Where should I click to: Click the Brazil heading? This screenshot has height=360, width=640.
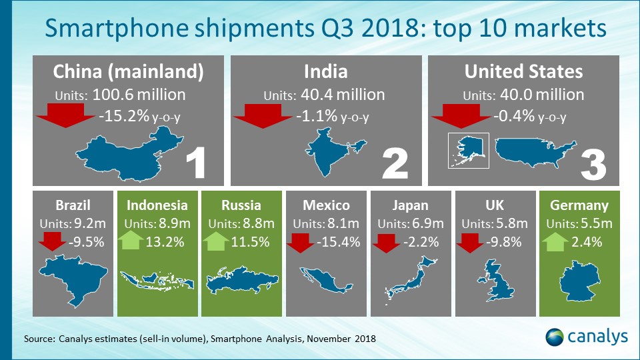coord(74,205)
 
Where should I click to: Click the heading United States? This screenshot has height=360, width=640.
coord(523,71)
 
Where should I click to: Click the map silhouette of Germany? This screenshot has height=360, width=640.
coord(578,281)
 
